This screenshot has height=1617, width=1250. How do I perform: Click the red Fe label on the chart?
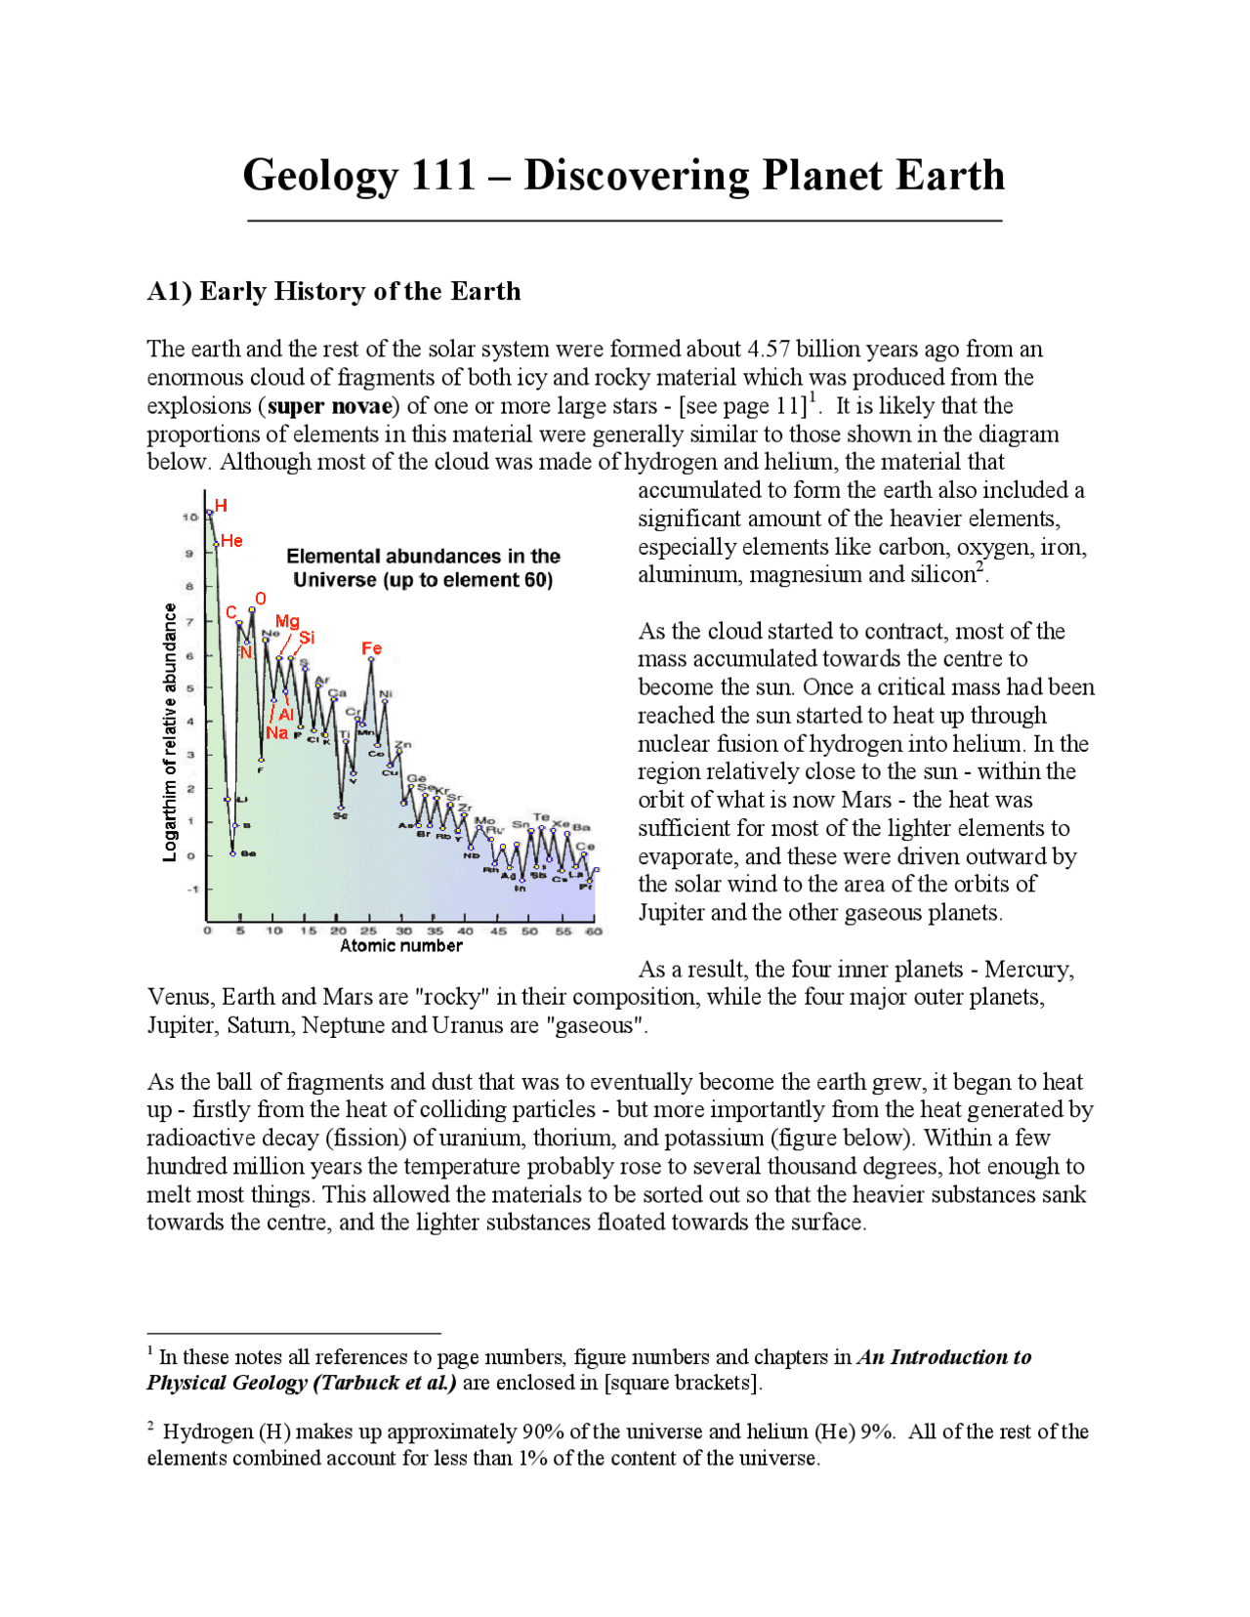point(371,648)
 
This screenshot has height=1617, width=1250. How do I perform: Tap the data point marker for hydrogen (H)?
point(209,513)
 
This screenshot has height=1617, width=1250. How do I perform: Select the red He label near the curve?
point(231,541)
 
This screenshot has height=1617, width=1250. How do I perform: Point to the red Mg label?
point(287,621)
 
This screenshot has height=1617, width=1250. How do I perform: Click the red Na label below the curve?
point(276,733)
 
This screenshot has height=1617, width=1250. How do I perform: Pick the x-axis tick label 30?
point(403,931)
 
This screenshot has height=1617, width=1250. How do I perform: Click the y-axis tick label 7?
point(190,621)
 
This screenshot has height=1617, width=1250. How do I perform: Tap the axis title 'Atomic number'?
point(400,945)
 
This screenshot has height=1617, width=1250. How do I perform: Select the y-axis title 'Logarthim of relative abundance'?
point(170,732)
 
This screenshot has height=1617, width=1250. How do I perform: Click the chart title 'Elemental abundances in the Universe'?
point(423,567)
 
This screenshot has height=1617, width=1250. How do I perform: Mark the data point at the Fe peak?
point(371,660)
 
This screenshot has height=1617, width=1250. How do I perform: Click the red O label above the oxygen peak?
point(260,599)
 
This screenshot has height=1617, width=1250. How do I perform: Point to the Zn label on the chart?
point(402,745)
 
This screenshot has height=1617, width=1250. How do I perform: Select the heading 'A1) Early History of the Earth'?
point(334,291)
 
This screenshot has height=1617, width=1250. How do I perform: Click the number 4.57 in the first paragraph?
point(769,350)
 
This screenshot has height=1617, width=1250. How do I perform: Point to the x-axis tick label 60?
point(594,931)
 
